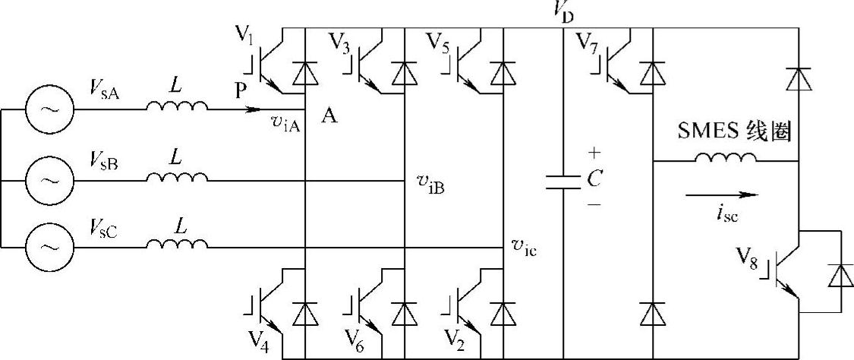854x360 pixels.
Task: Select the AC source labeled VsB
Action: (x=50, y=181)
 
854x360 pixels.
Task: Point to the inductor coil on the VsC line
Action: (x=176, y=245)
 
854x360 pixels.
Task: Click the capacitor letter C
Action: (x=595, y=180)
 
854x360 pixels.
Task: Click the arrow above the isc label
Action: (x=721, y=194)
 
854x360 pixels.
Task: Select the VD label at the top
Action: (x=563, y=11)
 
